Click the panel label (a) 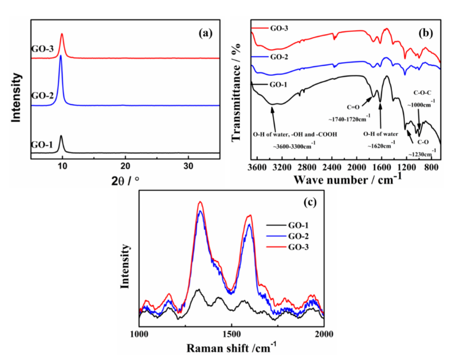click(x=205, y=34)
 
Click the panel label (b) click(x=426, y=34)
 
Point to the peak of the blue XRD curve click(x=60, y=56)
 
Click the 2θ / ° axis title click(x=125, y=180)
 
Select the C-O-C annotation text click(x=423, y=91)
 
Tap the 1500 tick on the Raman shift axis click(x=232, y=334)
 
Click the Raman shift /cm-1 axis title click(x=232, y=348)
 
